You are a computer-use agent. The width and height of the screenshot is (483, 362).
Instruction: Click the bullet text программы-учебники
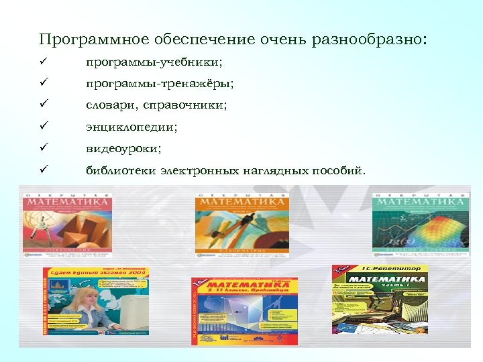coord(154,62)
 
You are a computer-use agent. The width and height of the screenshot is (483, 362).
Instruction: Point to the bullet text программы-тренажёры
coord(160,84)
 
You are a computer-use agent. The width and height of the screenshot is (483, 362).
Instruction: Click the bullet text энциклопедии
coord(131,127)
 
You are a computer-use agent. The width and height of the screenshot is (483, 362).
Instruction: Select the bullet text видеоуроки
coord(123,148)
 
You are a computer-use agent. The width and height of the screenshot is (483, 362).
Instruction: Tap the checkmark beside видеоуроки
coord(42,147)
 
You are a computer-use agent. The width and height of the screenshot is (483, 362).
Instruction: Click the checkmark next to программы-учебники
coord(42,62)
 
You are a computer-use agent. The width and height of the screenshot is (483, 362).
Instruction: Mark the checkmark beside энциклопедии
coord(42,126)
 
